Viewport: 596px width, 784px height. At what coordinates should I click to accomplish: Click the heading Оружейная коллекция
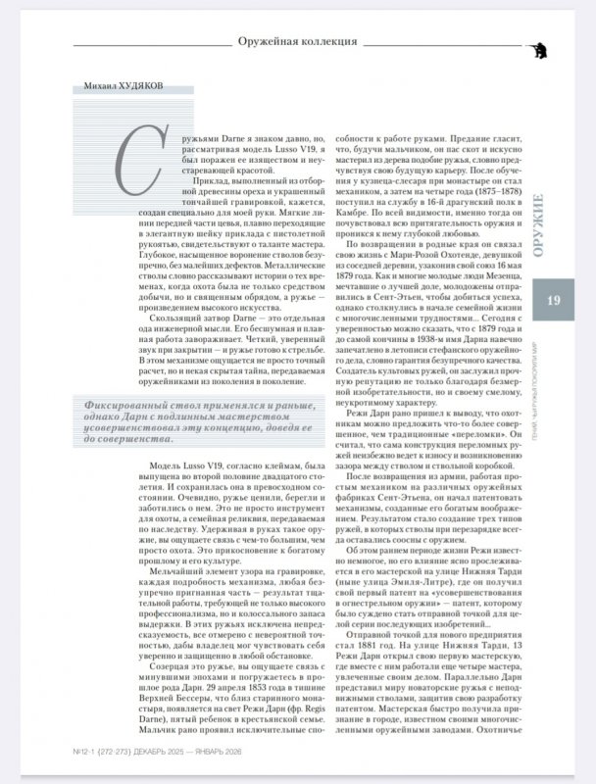[x=296, y=42]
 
